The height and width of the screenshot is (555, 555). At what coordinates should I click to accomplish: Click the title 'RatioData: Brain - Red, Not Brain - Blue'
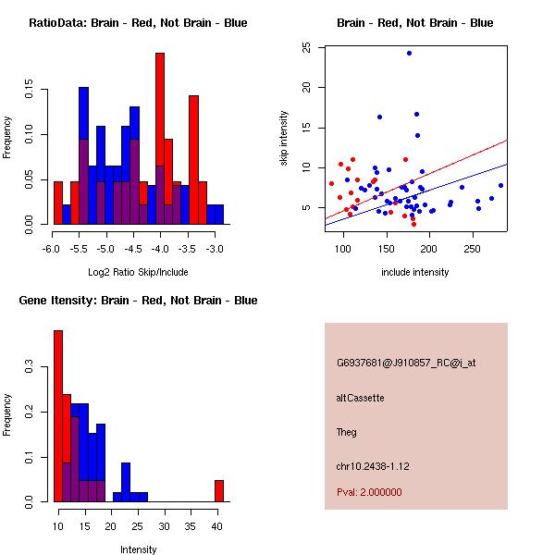138,22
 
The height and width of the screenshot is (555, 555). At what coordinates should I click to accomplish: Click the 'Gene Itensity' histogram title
138,301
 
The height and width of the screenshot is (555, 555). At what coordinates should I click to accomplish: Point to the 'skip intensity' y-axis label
285,139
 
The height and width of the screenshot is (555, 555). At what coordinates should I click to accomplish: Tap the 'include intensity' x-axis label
415,272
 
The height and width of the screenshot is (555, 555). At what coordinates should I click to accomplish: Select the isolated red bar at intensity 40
219,490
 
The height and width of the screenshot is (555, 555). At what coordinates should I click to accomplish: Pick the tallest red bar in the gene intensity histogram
58,416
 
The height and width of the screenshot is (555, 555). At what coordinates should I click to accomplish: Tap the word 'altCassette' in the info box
360,398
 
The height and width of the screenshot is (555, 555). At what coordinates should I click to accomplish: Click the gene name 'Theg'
347,432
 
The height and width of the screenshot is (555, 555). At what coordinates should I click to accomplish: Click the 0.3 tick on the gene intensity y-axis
30,367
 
